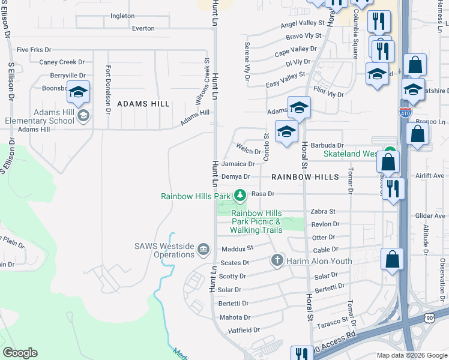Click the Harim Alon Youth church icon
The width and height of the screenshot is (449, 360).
pos(277,260)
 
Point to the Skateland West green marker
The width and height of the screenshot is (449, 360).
pos(390,153)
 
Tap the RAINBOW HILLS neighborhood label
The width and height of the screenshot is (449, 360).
pos(306,177)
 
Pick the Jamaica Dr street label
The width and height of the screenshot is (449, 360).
pos(238,164)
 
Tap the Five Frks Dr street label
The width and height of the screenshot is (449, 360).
pos(35,49)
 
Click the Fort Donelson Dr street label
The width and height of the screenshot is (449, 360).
pos(108,89)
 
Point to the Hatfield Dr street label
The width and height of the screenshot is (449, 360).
pos(244,330)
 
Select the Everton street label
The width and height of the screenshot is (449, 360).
pos(143,28)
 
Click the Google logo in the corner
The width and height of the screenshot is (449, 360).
pos(20,353)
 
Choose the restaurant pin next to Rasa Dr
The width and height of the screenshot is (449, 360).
pos(393,188)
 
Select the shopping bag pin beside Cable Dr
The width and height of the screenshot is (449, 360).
pos(392,260)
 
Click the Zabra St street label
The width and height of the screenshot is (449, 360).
pos(323,212)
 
